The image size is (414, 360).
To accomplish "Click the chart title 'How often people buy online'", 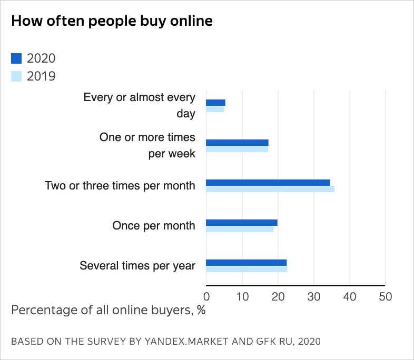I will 112,21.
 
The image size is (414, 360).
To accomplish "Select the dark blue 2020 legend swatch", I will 16,58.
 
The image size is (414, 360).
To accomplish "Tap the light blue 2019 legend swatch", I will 16,76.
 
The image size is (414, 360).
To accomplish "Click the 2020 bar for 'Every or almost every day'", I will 215,103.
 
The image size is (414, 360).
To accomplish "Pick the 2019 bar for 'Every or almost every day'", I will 215,109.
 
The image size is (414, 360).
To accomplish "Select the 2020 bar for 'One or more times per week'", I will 237,143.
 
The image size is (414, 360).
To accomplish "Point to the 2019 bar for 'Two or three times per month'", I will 270,189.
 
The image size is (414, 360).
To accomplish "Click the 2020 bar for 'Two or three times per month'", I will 268,183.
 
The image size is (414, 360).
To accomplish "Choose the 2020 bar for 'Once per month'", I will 241,223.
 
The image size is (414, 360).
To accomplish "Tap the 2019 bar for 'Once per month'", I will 240,229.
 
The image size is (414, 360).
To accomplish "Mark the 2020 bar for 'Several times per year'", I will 246,263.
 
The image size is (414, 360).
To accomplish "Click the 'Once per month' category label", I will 154,226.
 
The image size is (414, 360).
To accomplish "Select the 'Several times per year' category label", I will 137,266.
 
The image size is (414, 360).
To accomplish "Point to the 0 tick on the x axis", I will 206,296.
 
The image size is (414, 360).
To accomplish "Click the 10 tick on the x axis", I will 242,296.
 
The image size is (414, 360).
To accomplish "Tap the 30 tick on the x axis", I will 314,296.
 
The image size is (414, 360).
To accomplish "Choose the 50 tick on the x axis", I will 386,296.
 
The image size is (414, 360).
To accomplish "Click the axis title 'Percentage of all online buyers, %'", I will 108,309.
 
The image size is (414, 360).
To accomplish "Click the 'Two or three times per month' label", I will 120,186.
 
